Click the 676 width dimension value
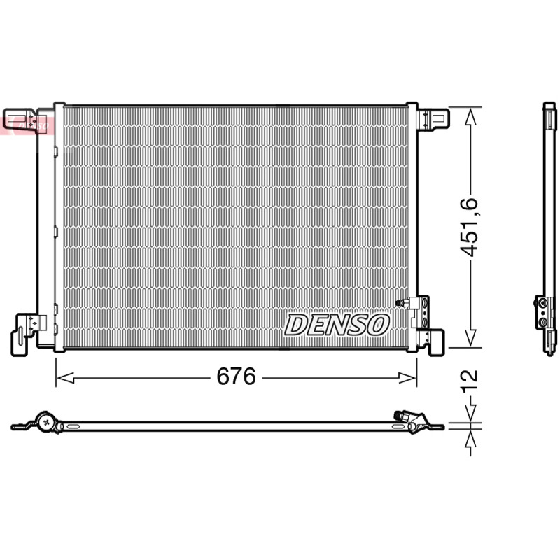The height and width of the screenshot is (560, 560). click(236, 376)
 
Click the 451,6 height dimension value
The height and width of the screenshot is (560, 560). click(468, 227)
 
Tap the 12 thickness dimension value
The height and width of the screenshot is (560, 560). click(469, 381)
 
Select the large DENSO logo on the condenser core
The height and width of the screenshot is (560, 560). click(337, 325)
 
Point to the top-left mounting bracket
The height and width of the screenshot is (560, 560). click(20, 120)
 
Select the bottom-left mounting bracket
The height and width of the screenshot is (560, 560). click(25, 334)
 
